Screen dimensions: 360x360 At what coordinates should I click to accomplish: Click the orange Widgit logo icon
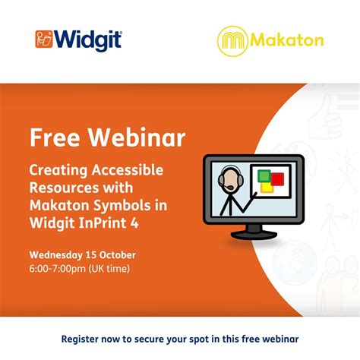(45, 39)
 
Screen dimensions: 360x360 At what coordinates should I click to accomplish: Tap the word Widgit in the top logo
(88, 39)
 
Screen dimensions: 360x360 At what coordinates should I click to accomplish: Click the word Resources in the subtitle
(65, 187)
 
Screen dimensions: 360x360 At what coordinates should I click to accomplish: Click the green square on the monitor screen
(264, 176)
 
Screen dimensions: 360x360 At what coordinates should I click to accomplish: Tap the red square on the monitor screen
(277, 180)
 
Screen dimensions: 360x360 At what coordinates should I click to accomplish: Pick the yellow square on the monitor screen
(267, 187)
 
